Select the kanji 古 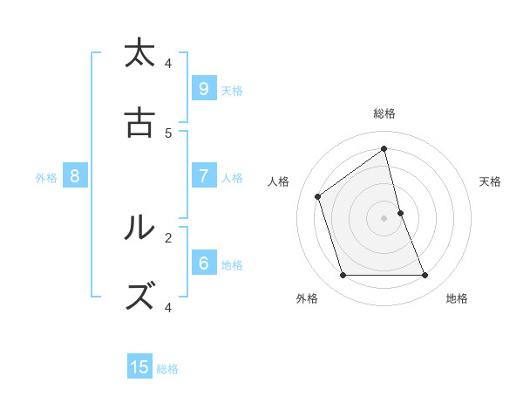coord(139,123)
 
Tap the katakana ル coord(139,228)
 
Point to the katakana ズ coord(139,297)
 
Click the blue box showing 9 coord(203,88)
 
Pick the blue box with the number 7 coord(203,175)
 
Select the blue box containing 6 coord(203,263)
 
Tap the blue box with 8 coord(75,176)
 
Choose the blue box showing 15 coord(139,367)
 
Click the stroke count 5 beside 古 coord(168,133)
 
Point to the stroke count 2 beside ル coord(168,236)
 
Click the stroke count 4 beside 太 coord(168,63)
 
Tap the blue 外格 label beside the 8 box coord(46,178)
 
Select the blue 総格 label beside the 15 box coord(167,369)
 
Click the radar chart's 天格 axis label coord(491,181)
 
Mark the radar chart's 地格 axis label coord(457,298)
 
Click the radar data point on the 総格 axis coord(384,148)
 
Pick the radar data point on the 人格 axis coord(318,196)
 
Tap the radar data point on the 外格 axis coord(343,276)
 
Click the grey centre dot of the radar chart coord(384,217)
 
